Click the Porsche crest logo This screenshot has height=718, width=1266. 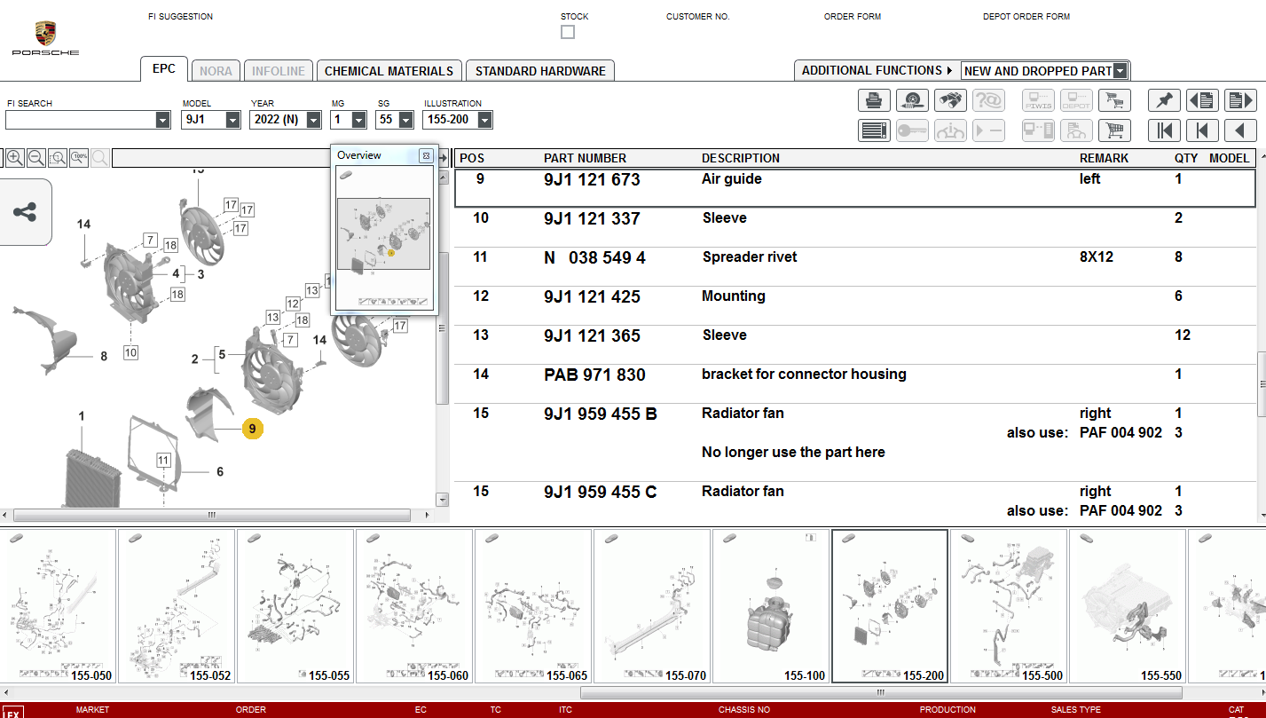(x=45, y=34)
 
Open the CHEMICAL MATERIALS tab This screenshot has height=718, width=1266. (x=389, y=71)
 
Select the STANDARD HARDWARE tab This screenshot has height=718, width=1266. (x=540, y=71)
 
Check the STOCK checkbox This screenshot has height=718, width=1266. (x=568, y=32)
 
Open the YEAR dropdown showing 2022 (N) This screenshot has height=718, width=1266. (x=286, y=120)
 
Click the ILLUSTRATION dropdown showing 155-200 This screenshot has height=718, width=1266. (x=458, y=120)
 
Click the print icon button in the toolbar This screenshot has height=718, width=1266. (x=874, y=100)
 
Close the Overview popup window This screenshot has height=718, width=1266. (x=426, y=155)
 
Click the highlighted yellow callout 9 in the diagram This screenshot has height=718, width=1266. (x=252, y=429)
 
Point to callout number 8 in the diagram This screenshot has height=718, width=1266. (x=104, y=357)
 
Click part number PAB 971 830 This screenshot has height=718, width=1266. (x=594, y=375)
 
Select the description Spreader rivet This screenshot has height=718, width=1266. (x=749, y=257)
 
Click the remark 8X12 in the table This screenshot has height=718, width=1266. (x=1096, y=257)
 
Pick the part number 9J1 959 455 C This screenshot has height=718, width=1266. (x=600, y=492)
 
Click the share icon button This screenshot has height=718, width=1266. (x=25, y=212)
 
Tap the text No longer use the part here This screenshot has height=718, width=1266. (x=793, y=453)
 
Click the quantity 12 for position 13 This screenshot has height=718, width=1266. (x=1182, y=335)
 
